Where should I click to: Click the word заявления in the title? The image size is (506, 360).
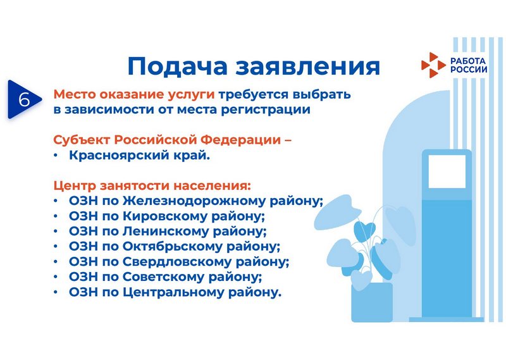pos(307,67)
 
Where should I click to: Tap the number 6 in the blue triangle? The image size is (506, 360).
pos(23,99)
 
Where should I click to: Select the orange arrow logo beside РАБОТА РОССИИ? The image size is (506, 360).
pos(433,65)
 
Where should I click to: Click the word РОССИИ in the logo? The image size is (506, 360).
pos(469,70)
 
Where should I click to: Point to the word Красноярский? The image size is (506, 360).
pos(122,156)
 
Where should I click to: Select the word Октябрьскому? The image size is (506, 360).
pos(173,246)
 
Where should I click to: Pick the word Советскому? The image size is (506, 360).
pos(164,277)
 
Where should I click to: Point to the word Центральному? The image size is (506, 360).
pos(173,292)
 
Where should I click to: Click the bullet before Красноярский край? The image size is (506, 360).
pos(56,156)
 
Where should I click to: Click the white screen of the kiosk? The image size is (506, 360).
pos(447,171)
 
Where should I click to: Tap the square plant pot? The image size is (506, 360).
pos(372,302)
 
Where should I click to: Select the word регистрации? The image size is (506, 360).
pos(266,110)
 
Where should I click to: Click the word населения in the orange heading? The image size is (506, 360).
pos(213,186)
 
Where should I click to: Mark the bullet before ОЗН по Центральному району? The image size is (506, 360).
pos(56,292)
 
